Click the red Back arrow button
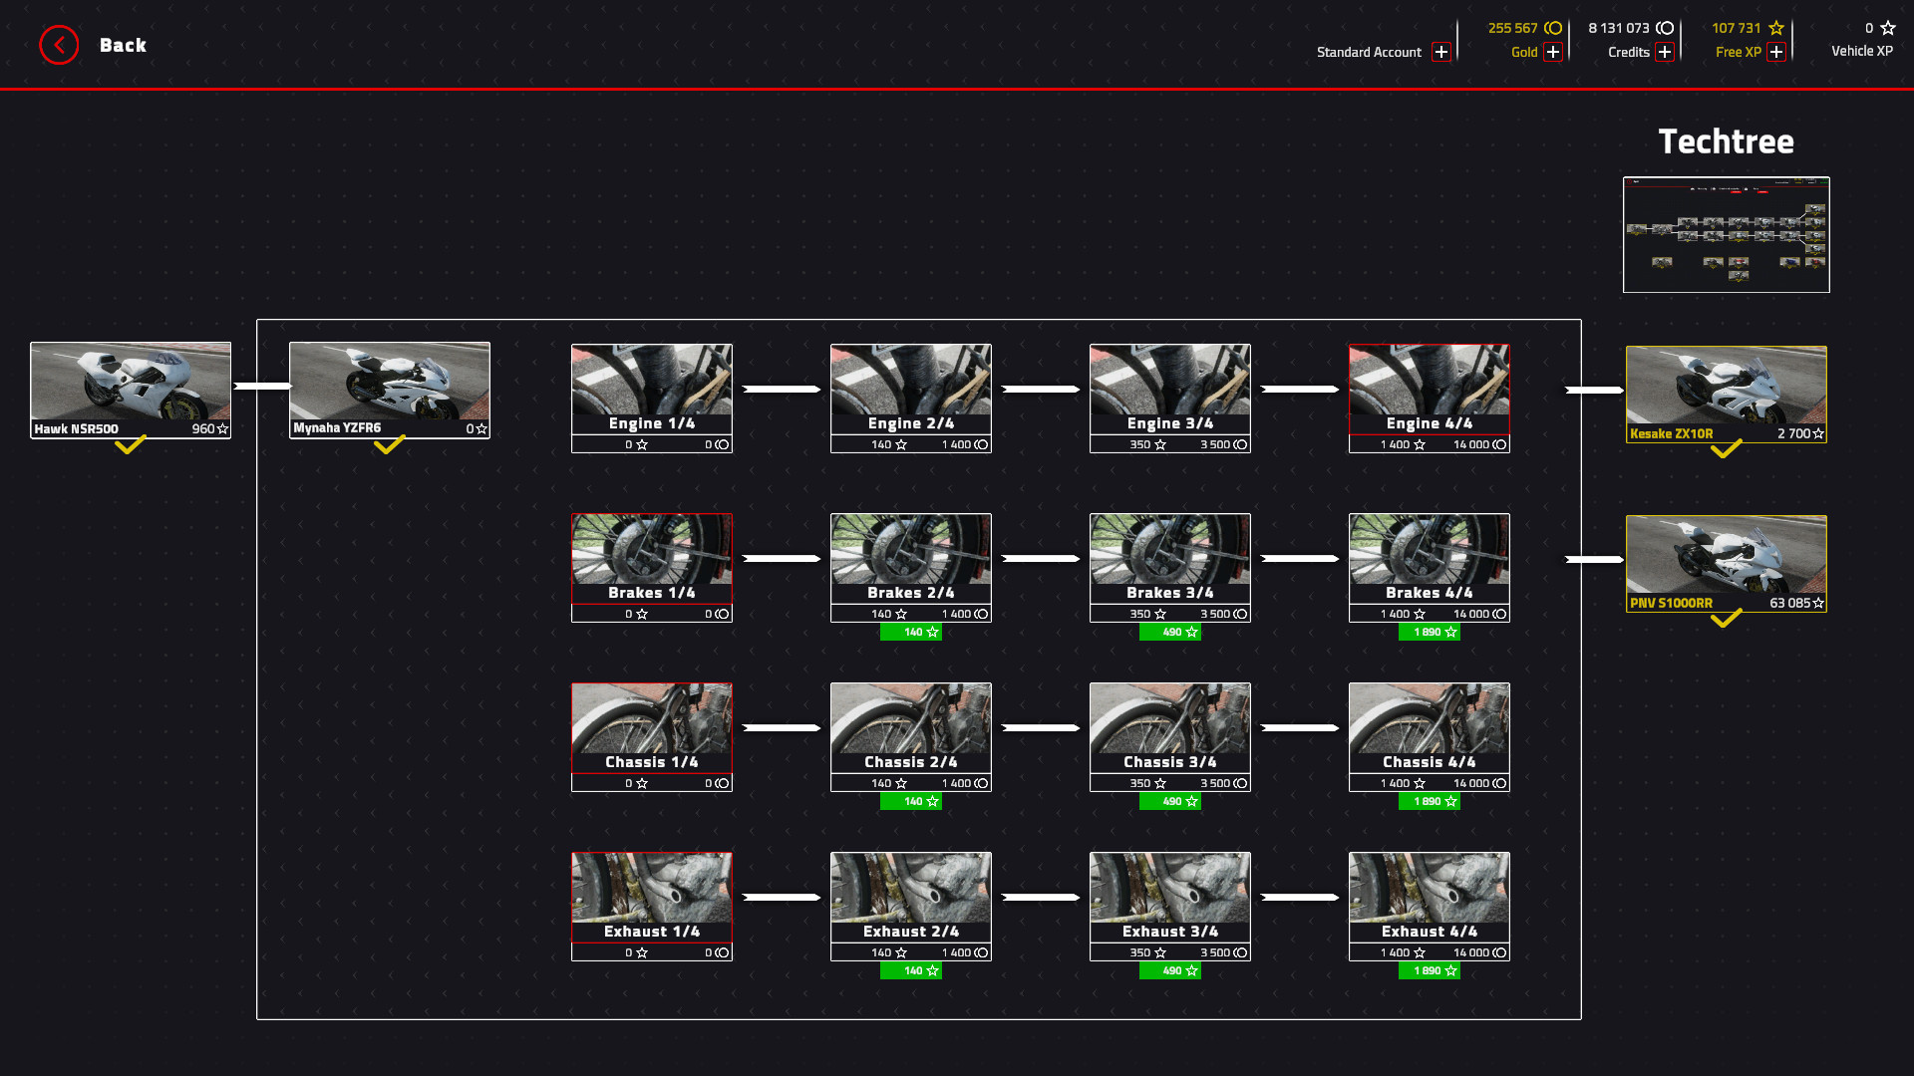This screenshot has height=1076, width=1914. (59, 45)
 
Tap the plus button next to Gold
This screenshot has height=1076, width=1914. (1553, 52)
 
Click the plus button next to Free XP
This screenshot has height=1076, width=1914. (1776, 52)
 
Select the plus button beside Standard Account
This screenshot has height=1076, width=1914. (1441, 52)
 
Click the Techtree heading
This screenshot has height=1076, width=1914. (1726, 141)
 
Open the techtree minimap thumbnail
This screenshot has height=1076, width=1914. (1726, 234)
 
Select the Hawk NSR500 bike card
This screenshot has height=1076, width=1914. (131, 390)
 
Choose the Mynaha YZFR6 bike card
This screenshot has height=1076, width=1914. (390, 390)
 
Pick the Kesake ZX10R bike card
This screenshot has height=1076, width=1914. (1726, 394)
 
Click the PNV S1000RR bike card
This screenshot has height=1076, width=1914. (1726, 563)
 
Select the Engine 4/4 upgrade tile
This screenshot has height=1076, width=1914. (1429, 398)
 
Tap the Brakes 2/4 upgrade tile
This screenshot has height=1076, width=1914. (910, 567)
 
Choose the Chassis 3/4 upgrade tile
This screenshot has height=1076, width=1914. (1169, 736)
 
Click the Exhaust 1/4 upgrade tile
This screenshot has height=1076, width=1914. (651, 906)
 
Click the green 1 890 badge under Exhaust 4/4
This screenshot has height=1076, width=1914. (1430, 971)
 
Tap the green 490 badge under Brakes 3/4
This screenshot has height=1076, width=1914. (1170, 633)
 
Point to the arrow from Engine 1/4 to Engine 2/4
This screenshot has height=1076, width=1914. (782, 389)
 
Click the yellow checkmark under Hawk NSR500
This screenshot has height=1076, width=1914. (131, 445)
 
